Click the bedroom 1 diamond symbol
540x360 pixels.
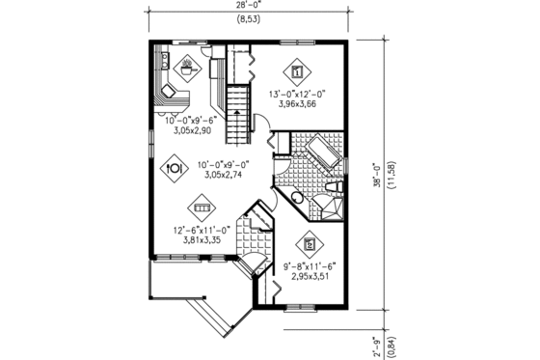(297, 70)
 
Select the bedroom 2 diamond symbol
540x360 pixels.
(310, 244)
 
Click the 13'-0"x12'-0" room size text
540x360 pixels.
(298, 94)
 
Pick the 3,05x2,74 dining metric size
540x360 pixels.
(223, 176)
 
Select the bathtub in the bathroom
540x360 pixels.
(314, 155)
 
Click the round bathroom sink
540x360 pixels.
(297, 198)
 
